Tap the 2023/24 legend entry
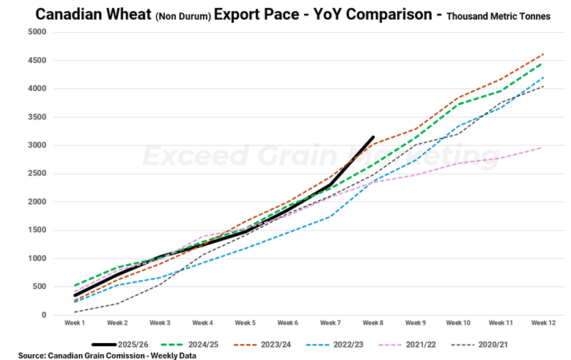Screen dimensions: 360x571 [x=286, y=343]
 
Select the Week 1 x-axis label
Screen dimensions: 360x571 [x=75, y=323]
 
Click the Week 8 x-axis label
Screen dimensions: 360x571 [x=373, y=323]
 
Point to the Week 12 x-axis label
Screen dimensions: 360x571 [x=543, y=323]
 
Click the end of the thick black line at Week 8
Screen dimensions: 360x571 [x=373, y=137]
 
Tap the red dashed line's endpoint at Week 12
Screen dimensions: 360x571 [x=543, y=54]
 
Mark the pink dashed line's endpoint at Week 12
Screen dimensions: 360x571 [x=543, y=147]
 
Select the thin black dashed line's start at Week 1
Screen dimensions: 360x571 [x=75, y=312]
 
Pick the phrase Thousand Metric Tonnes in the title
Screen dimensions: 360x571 [x=498, y=16]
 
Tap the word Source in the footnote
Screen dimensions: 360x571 [x=32, y=355]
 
